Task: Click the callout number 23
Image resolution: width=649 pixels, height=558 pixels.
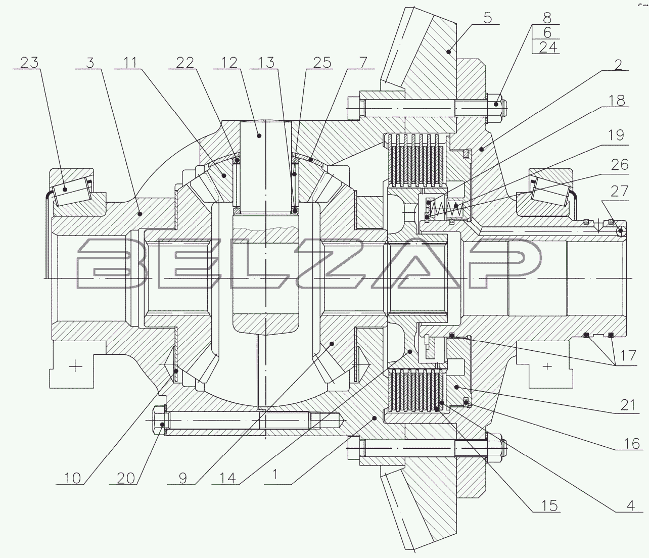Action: point(29,62)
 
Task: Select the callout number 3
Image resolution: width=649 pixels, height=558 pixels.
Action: point(90,62)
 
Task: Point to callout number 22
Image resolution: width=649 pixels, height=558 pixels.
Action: point(185,62)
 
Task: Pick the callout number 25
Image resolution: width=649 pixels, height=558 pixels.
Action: point(321,62)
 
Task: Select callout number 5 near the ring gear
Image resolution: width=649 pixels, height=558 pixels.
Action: point(487,18)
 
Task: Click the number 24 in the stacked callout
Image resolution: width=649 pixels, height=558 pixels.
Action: point(540,47)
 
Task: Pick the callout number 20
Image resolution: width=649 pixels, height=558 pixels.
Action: point(125,477)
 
